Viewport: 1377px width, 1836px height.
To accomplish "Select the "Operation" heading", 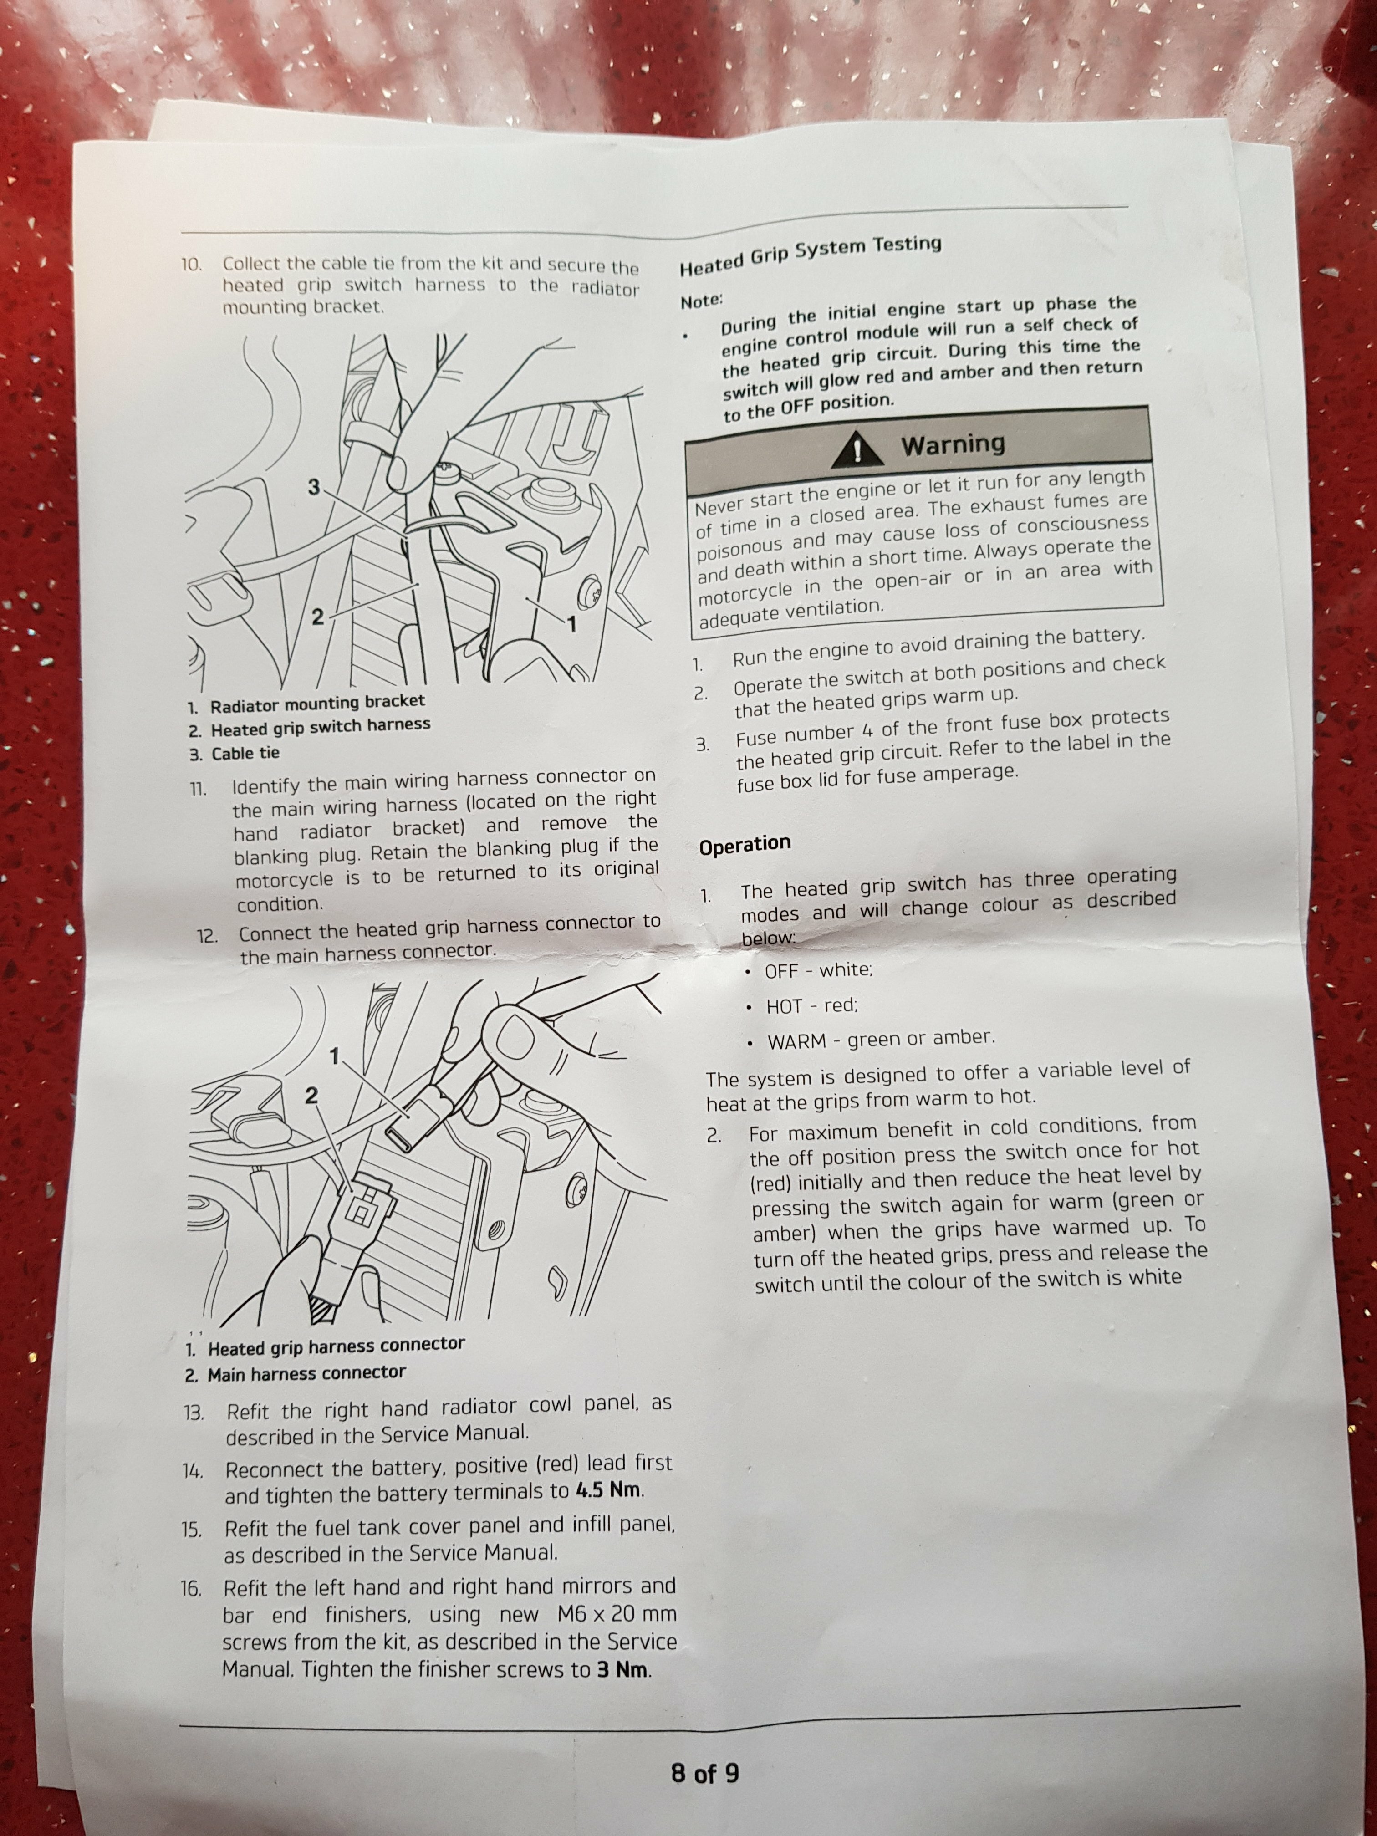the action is click(x=745, y=846).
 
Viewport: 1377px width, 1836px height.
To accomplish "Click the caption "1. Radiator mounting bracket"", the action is click(x=306, y=705).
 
